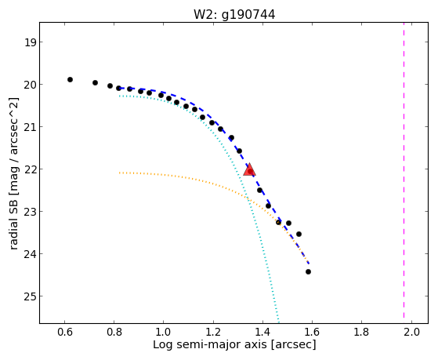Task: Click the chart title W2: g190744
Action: click(x=234, y=14)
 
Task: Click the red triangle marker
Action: click(x=249, y=169)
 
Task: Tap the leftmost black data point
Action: click(x=70, y=80)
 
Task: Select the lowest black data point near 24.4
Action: click(x=308, y=271)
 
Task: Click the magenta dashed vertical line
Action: click(x=404, y=170)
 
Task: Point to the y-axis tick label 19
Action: click(x=30, y=42)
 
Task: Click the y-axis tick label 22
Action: click(x=30, y=169)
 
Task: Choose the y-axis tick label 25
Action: click(x=30, y=296)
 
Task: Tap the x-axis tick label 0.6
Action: click(x=65, y=332)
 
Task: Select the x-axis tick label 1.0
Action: click(x=164, y=332)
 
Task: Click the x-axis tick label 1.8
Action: click(x=361, y=332)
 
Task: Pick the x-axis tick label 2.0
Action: click(x=411, y=332)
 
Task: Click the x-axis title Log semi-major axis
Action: click(x=210, y=344)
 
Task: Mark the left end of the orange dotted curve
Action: click(x=120, y=173)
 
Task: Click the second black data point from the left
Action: click(x=96, y=83)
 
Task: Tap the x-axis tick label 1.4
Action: click(x=262, y=332)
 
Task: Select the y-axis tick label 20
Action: click(x=30, y=85)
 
